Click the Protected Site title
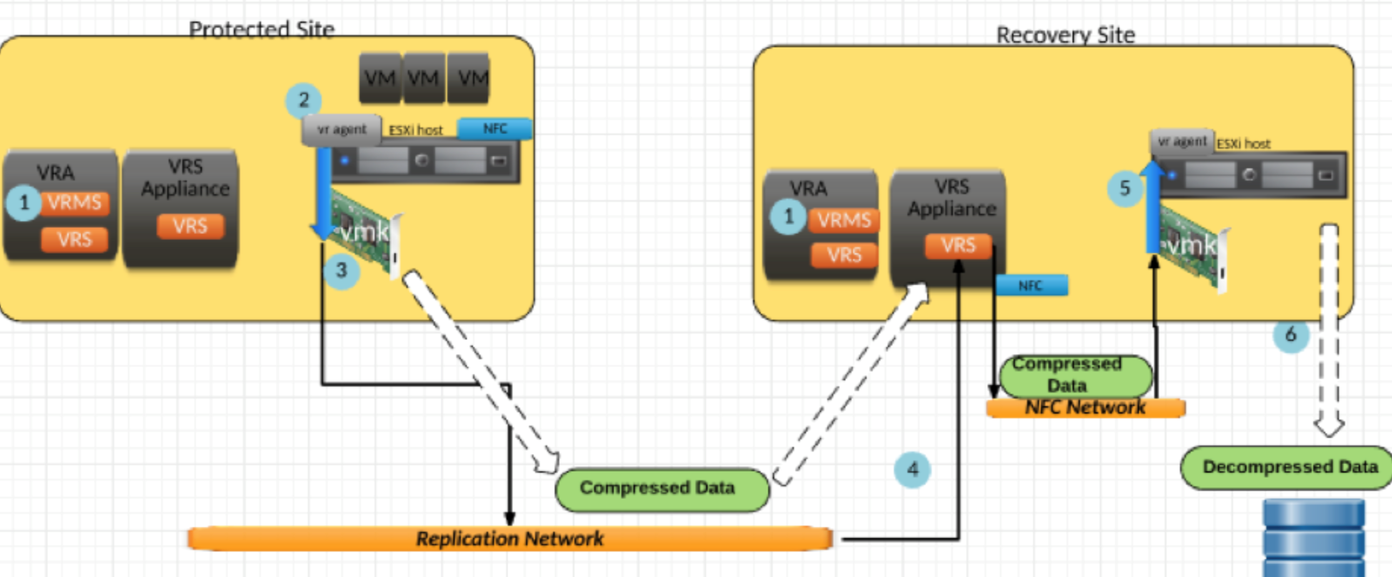point(262,29)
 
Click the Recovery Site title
point(1065,35)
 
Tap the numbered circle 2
point(304,100)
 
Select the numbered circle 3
point(342,270)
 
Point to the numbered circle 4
point(912,470)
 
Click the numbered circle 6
point(1291,334)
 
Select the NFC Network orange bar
point(1085,408)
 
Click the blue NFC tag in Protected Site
point(494,129)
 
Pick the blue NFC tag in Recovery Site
point(1031,285)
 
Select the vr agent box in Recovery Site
point(1182,142)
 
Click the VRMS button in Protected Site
point(75,203)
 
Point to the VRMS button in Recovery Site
point(844,220)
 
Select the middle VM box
point(424,78)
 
